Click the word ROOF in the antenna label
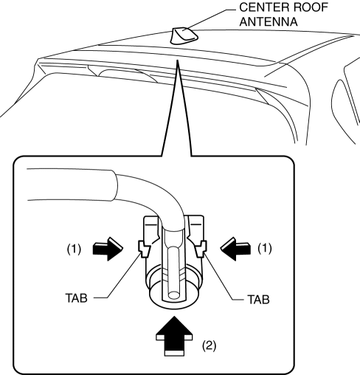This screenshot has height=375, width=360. (x=310, y=7)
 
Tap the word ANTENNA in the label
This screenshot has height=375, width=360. (x=269, y=21)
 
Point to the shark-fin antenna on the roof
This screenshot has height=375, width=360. (x=184, y=36)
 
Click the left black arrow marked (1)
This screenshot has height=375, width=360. (x=107, y=249)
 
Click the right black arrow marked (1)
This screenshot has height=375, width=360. (x=235, y=249)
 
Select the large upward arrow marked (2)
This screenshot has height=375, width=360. (x=174, y=336)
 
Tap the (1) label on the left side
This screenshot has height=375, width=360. (x=74, y=250)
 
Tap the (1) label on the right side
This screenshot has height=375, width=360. (x=265, y=249)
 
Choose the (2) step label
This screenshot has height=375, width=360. (x=209, y=345)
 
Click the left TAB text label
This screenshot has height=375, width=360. (x=77, y=298)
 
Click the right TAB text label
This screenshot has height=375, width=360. (x=258, y=300)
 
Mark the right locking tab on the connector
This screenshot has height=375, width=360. (x=201, y=249)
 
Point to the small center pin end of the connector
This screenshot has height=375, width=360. (x=174, y=295)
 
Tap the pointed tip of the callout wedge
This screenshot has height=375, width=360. (x=177, y=60)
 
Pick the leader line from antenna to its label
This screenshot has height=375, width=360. (x=210, y=19)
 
